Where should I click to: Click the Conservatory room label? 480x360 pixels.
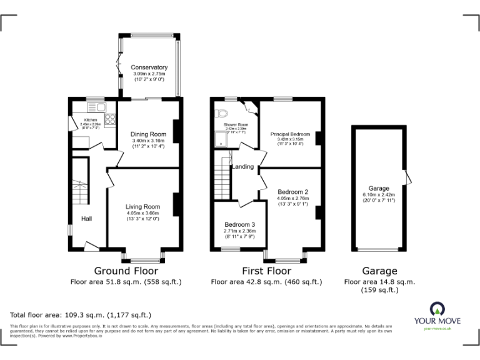[x=149, y=67]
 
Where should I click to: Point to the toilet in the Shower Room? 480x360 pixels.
[x=219, y=114]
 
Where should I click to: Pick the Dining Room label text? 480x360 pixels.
[x=148, y=134]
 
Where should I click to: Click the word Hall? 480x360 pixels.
[x=86, y=219]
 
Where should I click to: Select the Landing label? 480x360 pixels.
[x=242, y=167]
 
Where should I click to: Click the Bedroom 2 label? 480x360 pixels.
[x=293, y=192]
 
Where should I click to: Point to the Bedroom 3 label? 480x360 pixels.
[x=240, y=224]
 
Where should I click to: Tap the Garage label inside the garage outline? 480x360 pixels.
[x=379, y=188]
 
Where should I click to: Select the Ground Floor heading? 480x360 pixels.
[x=126, y=271]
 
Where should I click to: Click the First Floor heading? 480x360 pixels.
[x=266, y=271]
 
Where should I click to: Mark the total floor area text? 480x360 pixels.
[x=81, y=314]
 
